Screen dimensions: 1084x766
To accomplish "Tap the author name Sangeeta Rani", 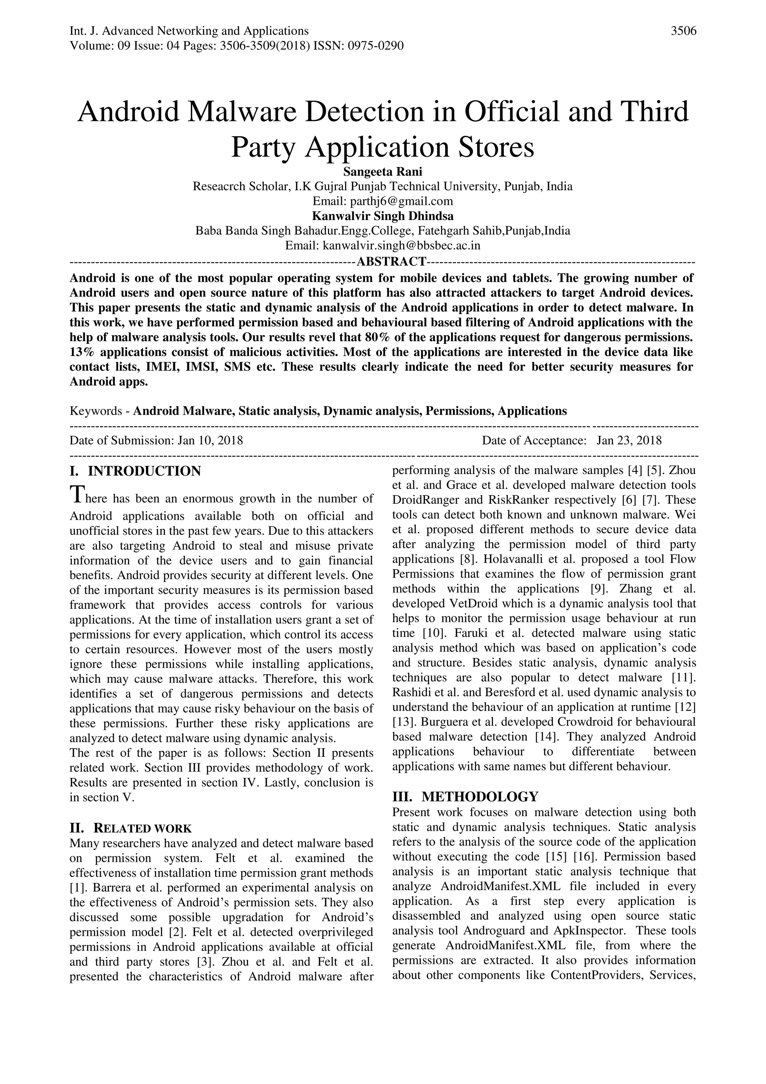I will (382, 171).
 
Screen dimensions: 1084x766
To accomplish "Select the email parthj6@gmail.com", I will (401, 201).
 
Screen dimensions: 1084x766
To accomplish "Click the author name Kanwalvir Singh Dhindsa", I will (382, 216).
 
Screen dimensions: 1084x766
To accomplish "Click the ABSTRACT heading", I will (391, 261).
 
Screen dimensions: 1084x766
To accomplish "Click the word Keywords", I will (96, 411).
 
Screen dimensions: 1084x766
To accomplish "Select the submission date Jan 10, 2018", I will (210, 440).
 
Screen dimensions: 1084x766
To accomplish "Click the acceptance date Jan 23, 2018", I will (629, 440).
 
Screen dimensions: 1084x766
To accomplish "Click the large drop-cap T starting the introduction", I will (76, 494).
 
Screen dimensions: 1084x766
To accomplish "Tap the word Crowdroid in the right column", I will (584, 722).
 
